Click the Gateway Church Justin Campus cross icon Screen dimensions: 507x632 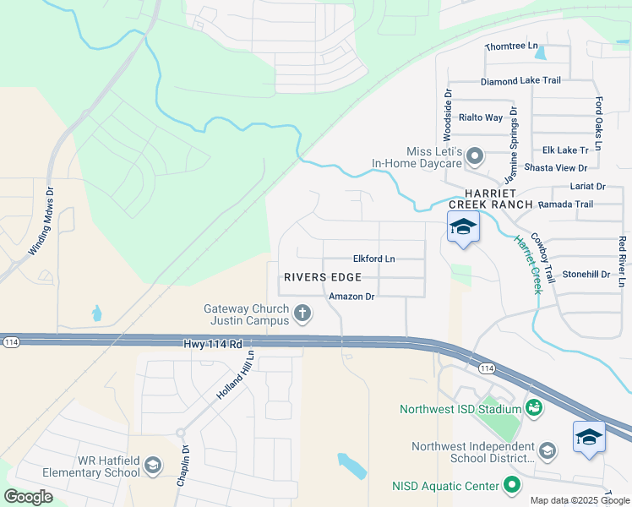(302, 315)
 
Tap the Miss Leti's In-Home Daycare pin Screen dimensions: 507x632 (475, 155)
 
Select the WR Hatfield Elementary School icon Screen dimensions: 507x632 (153, 465)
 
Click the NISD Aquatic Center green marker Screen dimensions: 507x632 (510, 485)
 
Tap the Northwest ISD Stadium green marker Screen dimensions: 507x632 (533, 409)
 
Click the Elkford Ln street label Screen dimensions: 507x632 (374, 259)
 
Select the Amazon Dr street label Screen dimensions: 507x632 (351, 297)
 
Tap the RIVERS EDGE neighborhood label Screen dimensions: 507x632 (323, 277)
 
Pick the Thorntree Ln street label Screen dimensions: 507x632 (511, 46)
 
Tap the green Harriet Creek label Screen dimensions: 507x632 (528, 263)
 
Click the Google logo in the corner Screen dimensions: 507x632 (29, 497)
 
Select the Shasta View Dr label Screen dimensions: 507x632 (555, 168)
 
